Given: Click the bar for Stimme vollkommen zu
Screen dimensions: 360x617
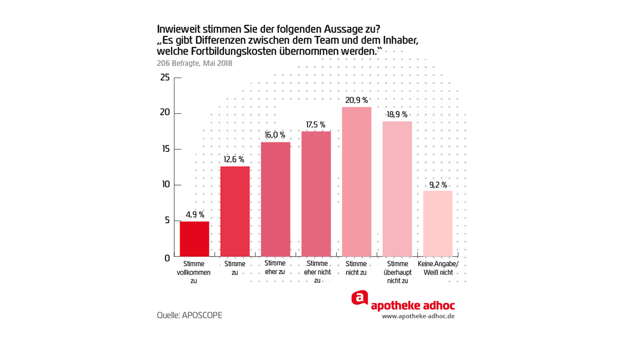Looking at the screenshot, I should coord(194,239).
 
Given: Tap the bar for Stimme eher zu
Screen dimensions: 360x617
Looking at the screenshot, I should coord(276,199).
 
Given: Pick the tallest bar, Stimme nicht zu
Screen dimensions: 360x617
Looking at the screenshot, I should coord(356,182).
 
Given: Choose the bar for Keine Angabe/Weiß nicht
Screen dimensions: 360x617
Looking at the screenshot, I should coord(438,223).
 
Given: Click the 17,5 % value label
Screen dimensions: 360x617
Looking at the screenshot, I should coord(316,124).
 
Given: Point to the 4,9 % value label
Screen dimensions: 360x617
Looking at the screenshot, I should coord(195,214).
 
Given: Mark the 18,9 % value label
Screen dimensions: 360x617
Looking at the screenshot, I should coord(397,115).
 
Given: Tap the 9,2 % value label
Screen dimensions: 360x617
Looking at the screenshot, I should coord(438,185).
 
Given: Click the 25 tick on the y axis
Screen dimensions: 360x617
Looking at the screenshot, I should coord(165,78).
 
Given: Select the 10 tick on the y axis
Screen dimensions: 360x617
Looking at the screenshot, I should coord(165,185).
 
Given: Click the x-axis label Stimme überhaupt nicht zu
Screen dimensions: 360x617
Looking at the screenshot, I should coord(397,272).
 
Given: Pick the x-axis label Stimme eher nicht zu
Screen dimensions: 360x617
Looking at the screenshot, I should coord(316,272).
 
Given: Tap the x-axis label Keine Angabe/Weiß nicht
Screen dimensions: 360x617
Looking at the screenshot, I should coord(438,268).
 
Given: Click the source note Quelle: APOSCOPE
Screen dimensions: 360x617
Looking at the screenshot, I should coord(189,315).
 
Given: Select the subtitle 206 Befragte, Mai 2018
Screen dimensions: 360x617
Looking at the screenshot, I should coord(194,64).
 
